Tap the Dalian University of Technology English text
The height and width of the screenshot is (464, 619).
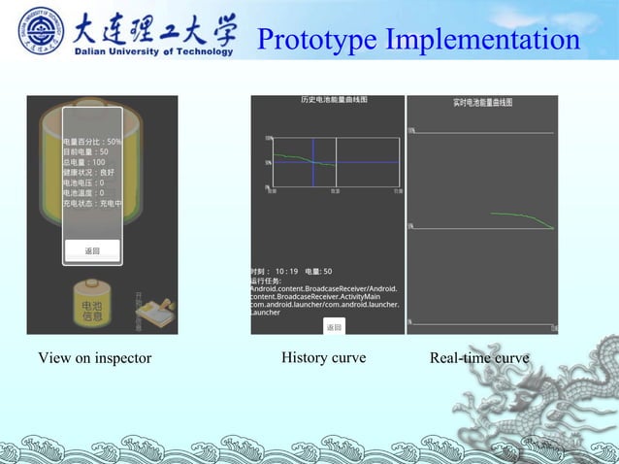coord(154,51)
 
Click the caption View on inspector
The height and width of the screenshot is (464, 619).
coord(95,358)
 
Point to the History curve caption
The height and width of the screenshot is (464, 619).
coord(323,357)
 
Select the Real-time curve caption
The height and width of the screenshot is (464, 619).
coord(479,358)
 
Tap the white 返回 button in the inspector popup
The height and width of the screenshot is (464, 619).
coord(92,250)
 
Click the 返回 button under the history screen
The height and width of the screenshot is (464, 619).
coord(333,327)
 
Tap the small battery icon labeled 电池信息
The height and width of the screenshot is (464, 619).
coord(92,305)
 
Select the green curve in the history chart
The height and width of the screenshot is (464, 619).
coord(291,157)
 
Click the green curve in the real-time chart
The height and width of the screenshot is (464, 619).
coord(524,219)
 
